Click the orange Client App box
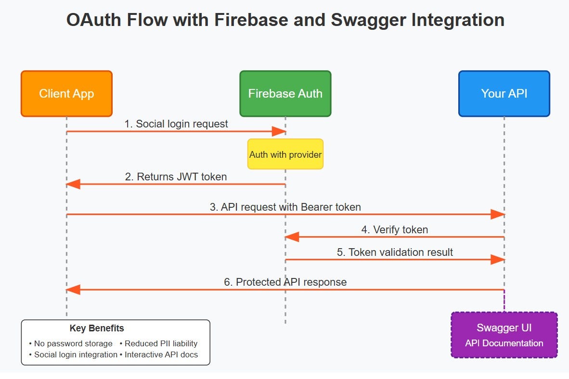point(66,94)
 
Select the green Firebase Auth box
point(285,94)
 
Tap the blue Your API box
point(504,94)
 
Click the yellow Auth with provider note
point(285,154)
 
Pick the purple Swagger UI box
point(504,335)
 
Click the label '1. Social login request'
point(176,124)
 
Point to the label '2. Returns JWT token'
point(176,177)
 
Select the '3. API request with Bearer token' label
point(285,207)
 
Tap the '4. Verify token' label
point(394,229)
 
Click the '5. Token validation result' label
point(394,252)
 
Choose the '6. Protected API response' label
point(285,282)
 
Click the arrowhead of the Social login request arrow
point(280,131)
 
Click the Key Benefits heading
point(97,328)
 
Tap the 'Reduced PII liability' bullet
point(159,343)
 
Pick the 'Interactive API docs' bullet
point(159,355)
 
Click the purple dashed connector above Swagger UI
point(504,301)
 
